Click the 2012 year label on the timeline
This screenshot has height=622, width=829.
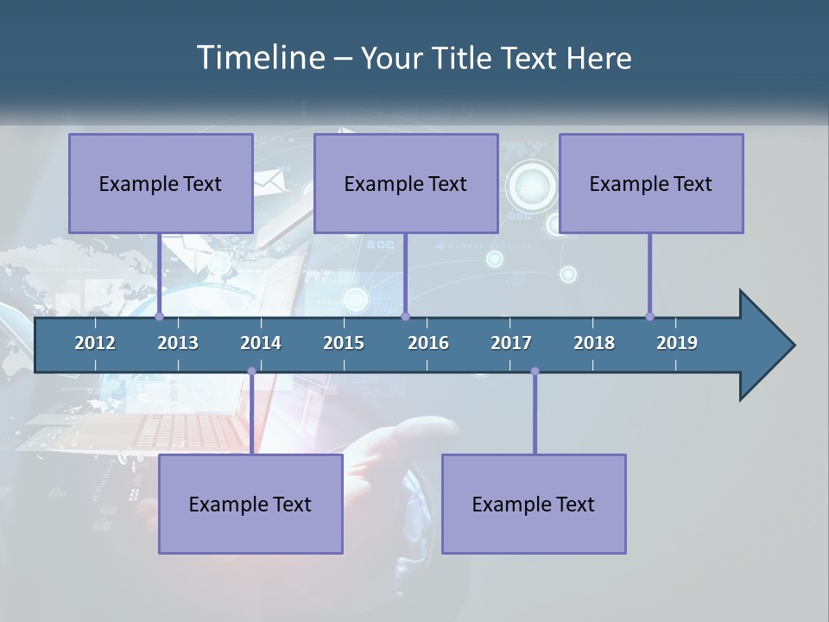pos(95,343)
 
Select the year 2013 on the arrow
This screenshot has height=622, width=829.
pos(178,343)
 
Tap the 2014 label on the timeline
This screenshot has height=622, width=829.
pos(261,343)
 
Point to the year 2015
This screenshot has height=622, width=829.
pos(344,343)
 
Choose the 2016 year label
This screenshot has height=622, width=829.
pos(428,343)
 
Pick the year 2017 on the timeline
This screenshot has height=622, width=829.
pos(511,343)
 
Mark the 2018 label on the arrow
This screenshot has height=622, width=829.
pos(594,343)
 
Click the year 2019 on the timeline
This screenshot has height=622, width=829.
pos(677,343)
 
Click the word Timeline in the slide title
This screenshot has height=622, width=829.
pos(259,58)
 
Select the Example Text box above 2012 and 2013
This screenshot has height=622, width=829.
pos(161,183)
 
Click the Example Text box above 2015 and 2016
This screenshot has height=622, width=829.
pos(406,183)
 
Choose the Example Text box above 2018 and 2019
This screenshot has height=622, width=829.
pos(651,183)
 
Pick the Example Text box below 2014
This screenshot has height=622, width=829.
pos(250,504)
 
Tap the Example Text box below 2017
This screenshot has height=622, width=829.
pos(534,504)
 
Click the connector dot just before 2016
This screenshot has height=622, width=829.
pos(405,316)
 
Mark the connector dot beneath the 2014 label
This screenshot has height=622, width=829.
pos(251,371)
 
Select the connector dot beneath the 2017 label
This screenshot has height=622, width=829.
pos(535,371)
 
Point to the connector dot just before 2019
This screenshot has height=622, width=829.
pos(649,316)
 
